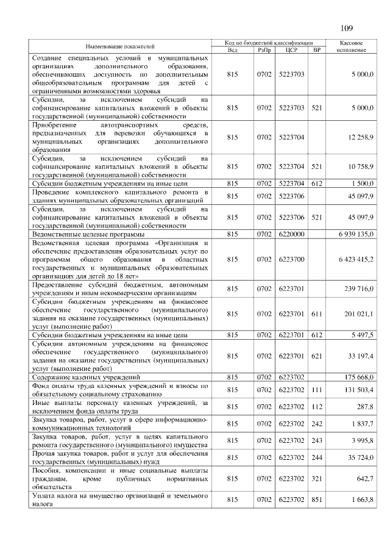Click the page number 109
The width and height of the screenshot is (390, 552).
347,27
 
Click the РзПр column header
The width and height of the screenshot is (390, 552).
264,49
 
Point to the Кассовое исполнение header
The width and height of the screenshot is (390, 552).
350,46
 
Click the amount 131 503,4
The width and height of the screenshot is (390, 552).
359,390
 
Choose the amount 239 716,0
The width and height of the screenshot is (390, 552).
359,289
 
